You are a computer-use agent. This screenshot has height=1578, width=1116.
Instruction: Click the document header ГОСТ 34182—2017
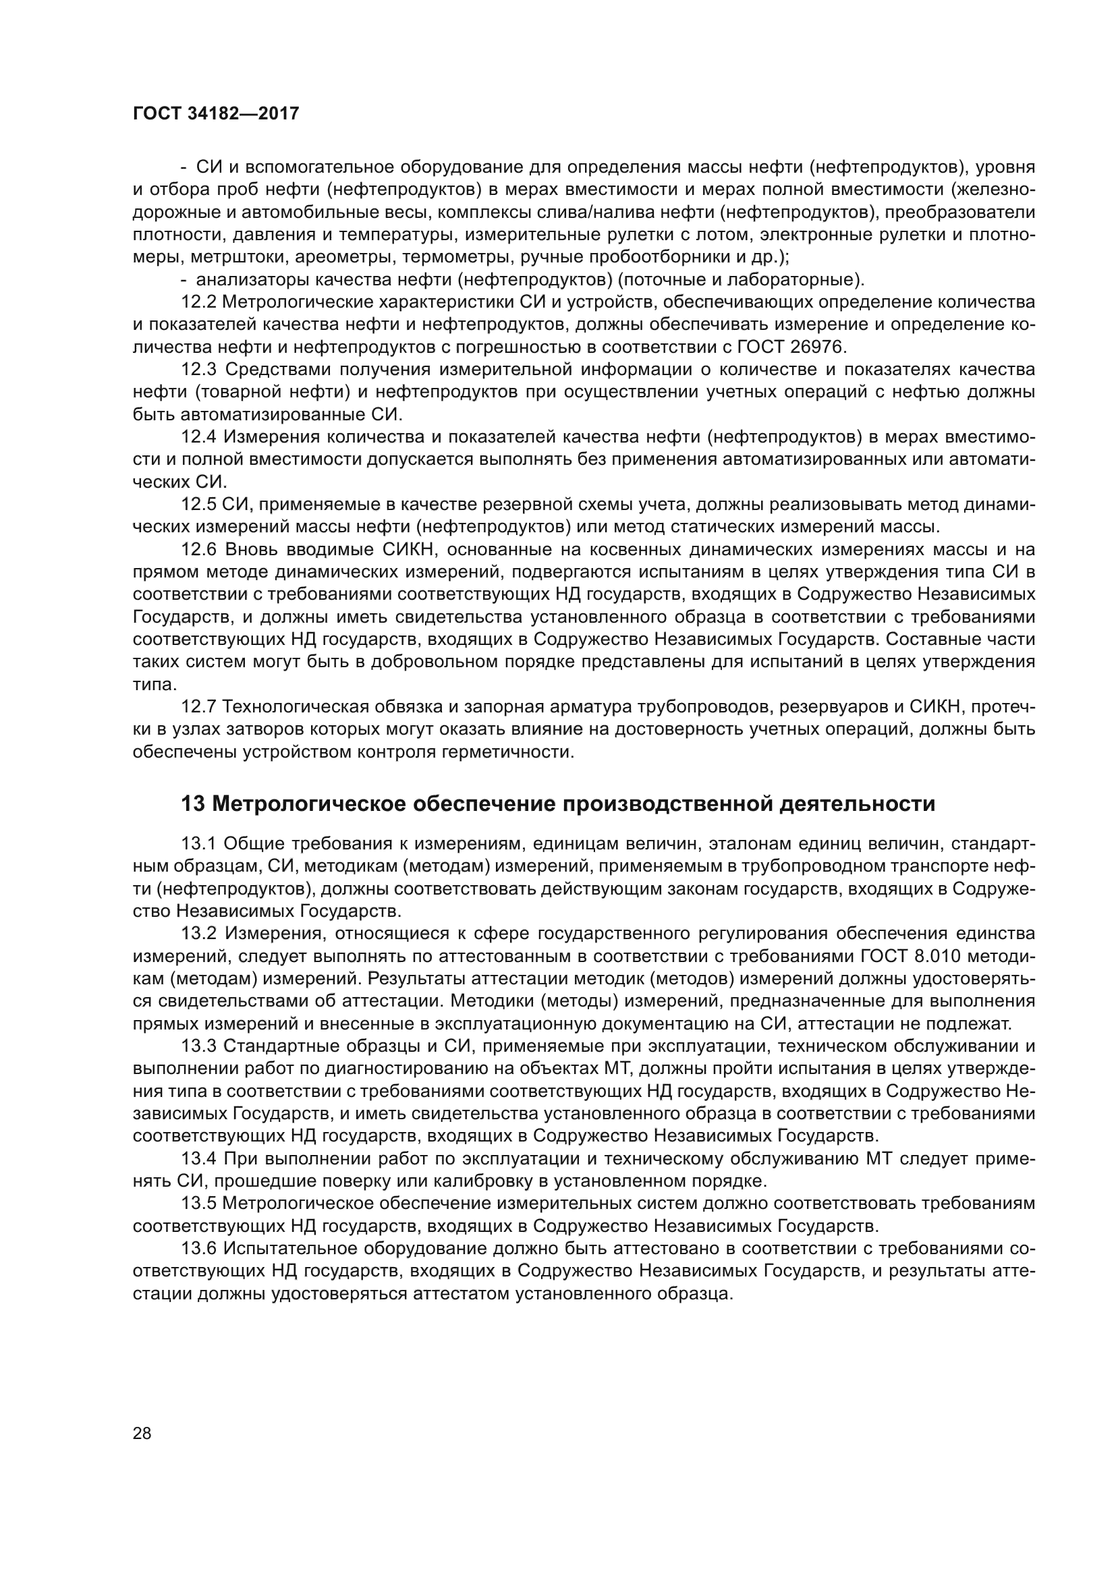pos(216,113)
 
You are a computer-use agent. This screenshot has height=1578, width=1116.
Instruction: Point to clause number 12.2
pos(199,302)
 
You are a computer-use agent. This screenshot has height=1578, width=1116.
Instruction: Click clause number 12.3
pos(199,370)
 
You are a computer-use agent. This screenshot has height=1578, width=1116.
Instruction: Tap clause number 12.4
pos(199,437)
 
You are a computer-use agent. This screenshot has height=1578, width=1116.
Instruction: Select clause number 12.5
pos(199,505)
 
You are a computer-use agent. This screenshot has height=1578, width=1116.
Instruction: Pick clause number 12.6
pos(199,550)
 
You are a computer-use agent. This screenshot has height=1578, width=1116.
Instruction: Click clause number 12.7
pos(199,707)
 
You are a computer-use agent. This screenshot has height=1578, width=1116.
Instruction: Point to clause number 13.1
pos(199,843)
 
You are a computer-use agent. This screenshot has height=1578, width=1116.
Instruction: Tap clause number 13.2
pos(199,933)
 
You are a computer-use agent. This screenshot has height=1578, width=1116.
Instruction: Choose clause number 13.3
pos(199,1046)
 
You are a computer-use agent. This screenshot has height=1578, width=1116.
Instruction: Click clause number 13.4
pos(199,1159)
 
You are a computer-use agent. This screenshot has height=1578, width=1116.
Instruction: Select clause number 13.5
pos(199,1204)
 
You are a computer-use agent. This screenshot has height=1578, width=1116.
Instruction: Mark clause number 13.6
pos(199,1248)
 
